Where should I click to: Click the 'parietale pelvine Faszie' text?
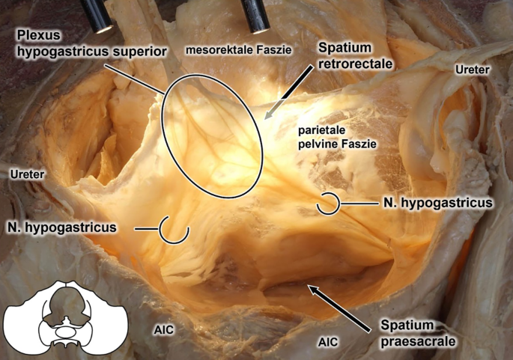[335, 135]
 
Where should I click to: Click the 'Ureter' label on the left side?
[26, 174]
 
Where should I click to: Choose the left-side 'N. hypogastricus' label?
[63, 226]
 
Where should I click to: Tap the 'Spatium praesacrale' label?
[410, 332]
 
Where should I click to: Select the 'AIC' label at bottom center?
[327, 341]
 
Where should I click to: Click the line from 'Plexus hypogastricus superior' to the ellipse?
[139, 76]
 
